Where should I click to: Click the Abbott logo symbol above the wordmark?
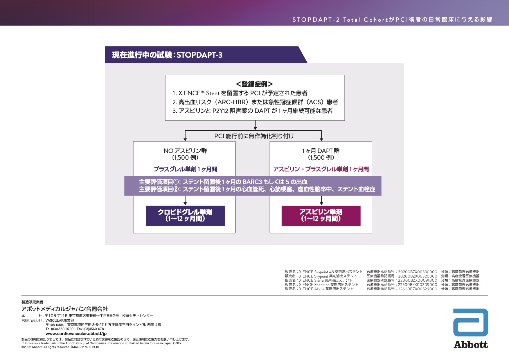[x=470, y=322]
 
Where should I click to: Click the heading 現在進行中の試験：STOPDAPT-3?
[x=167, y=55]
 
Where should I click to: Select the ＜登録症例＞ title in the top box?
[x=254, y=84]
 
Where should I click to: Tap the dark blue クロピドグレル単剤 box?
[x=185, y=215]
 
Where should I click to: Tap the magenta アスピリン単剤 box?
[x=321, y=215]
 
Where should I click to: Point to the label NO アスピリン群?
[x=185, y=151]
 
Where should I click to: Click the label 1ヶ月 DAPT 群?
[x=321, y=151]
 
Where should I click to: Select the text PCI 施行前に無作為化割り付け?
[x=254, y=136]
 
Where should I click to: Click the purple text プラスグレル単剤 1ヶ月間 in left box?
[x=185, y=169]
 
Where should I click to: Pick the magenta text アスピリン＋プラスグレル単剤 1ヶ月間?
[x=321, y=169]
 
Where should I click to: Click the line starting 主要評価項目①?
[x=223, y=182]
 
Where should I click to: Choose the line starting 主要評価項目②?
[x=257, y=189]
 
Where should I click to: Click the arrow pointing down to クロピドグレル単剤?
[x=185, y=200]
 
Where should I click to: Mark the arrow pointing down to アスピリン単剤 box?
[x=321, y=200]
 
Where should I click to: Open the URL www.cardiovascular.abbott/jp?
[x=76, y=334]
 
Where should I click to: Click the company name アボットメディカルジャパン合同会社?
[x=64, y=309]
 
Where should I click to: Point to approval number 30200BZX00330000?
[x=417, y=272]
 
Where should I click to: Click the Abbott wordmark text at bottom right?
[x=470, y=345]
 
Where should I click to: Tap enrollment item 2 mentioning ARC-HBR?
[x=255, y=102]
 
